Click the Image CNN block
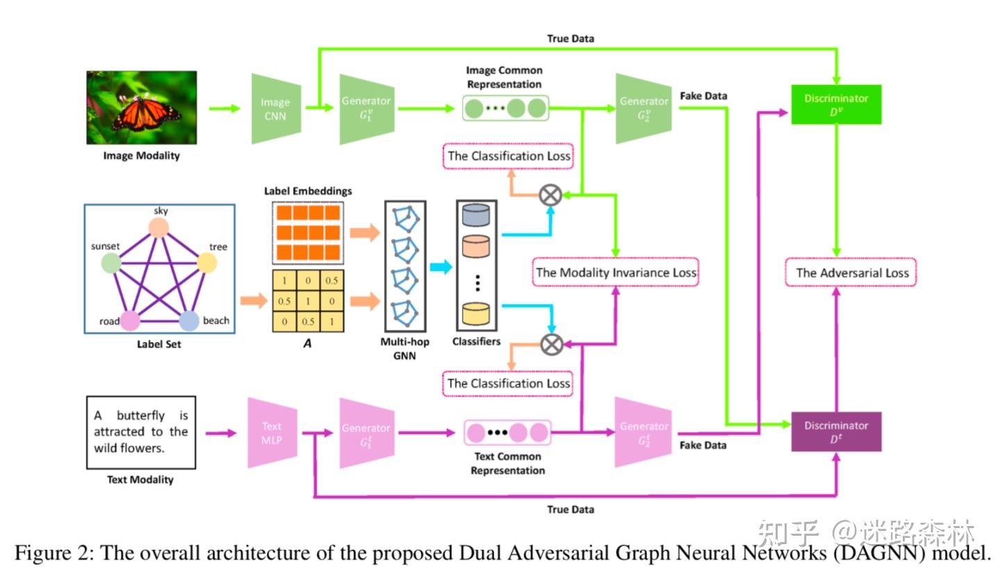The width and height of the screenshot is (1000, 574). coord(276,108)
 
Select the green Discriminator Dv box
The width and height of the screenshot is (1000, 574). coord(836,104)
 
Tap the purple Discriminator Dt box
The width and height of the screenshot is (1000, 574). coord(836,432)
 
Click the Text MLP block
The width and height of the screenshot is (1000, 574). coord(272,433)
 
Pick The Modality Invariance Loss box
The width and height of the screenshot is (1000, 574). coord(615,272)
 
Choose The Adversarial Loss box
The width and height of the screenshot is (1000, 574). coord(851,272)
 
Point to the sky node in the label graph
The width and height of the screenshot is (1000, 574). coord(158,228)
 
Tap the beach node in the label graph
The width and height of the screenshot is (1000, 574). coord(189,321)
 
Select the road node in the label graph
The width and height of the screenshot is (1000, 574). coord(130,321)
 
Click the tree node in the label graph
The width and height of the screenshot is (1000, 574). coord(207,263)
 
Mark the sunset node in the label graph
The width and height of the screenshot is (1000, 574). coord(111,263)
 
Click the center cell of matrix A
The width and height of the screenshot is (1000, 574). coord(308,301)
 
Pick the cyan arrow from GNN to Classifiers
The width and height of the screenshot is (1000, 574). coord(441,267)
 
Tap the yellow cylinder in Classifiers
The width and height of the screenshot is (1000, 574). coord(476,313)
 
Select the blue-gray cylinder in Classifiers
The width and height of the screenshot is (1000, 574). coord(476,215)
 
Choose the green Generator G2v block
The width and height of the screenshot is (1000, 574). coord(644,108)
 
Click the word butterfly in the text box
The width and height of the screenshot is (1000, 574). coord(140,416)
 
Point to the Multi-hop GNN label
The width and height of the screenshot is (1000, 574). coord(405,348)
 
